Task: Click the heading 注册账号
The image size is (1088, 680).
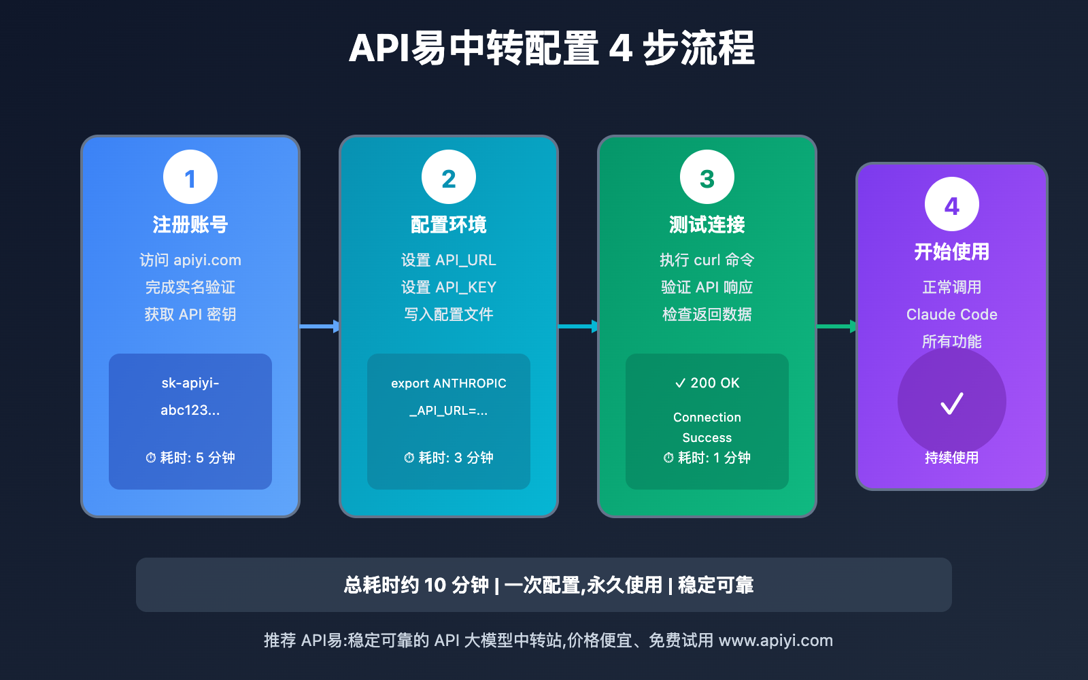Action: tap(190, 224)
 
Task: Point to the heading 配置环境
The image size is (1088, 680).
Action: tap(449, 224)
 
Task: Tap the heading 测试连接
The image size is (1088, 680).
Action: tap(707, 224)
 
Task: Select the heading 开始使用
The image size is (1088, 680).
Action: tap(952, 252)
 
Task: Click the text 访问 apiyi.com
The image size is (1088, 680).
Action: tap(190, 260)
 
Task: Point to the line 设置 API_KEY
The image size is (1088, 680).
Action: tap(449, 287)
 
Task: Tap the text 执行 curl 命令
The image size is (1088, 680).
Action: tap(707, 260)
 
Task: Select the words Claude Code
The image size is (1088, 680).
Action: tap(952, 314)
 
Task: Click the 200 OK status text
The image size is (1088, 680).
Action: tap(707, 383)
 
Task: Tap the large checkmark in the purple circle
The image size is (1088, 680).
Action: tap(952, 403)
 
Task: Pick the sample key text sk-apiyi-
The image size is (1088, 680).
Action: tap(190, 383)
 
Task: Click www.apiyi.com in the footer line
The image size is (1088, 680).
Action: tap(776, 641)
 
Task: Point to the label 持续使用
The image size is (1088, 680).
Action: tap(952, 458)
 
